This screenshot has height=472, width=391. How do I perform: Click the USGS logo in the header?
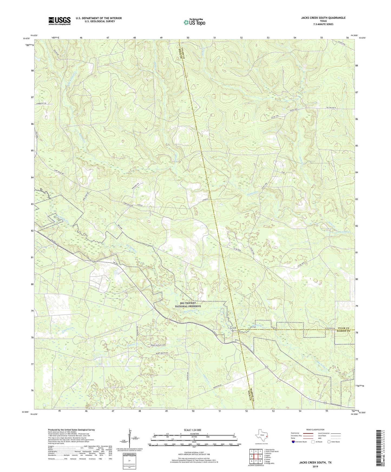[59, 21]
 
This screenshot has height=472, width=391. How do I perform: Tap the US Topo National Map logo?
[194, 22]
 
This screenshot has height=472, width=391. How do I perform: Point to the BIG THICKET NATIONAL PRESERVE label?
[188, 305]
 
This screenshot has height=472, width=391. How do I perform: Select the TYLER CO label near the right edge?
[343, 328]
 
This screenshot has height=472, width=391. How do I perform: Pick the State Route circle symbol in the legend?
[329, 442]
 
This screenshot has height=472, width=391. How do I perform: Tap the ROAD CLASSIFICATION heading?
[315, 430]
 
